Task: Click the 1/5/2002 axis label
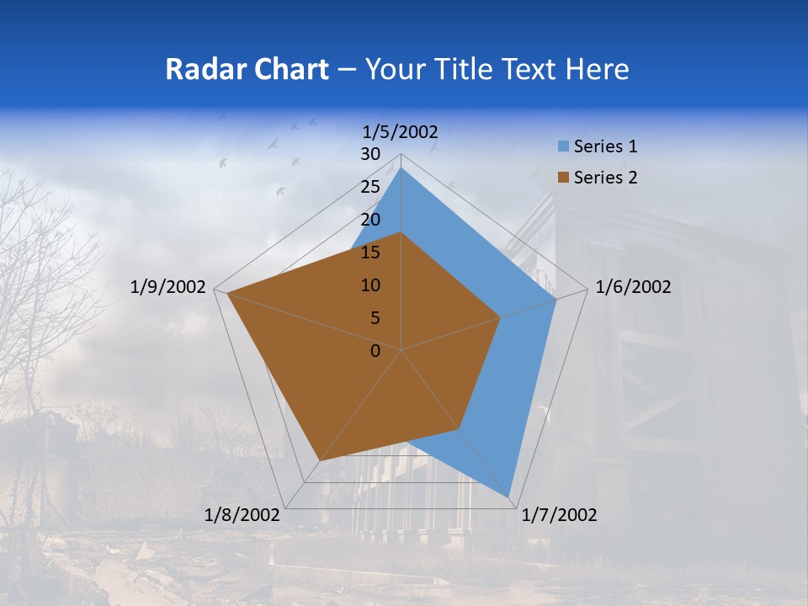click(x=401, y=131)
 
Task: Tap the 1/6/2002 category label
click(x=633, y=287)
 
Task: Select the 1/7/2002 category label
click(x=559, y=515)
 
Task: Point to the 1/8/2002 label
click(x=242, y=515)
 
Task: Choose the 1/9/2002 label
click(x=168, y=287)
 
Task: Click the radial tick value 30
click(x=370, y=154)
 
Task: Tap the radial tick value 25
click(x=370, y=187)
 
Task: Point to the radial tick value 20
click(x=370, y=220)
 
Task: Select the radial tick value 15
click(x=370, y=252)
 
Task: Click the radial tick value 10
click(x=370, y=285)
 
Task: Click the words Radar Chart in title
click(x=247, y=69)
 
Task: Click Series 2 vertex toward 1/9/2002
click(x=227, y=294)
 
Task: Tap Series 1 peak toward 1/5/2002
click(x=401, y=167)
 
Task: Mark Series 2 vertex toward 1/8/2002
click(x=319, y=460)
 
